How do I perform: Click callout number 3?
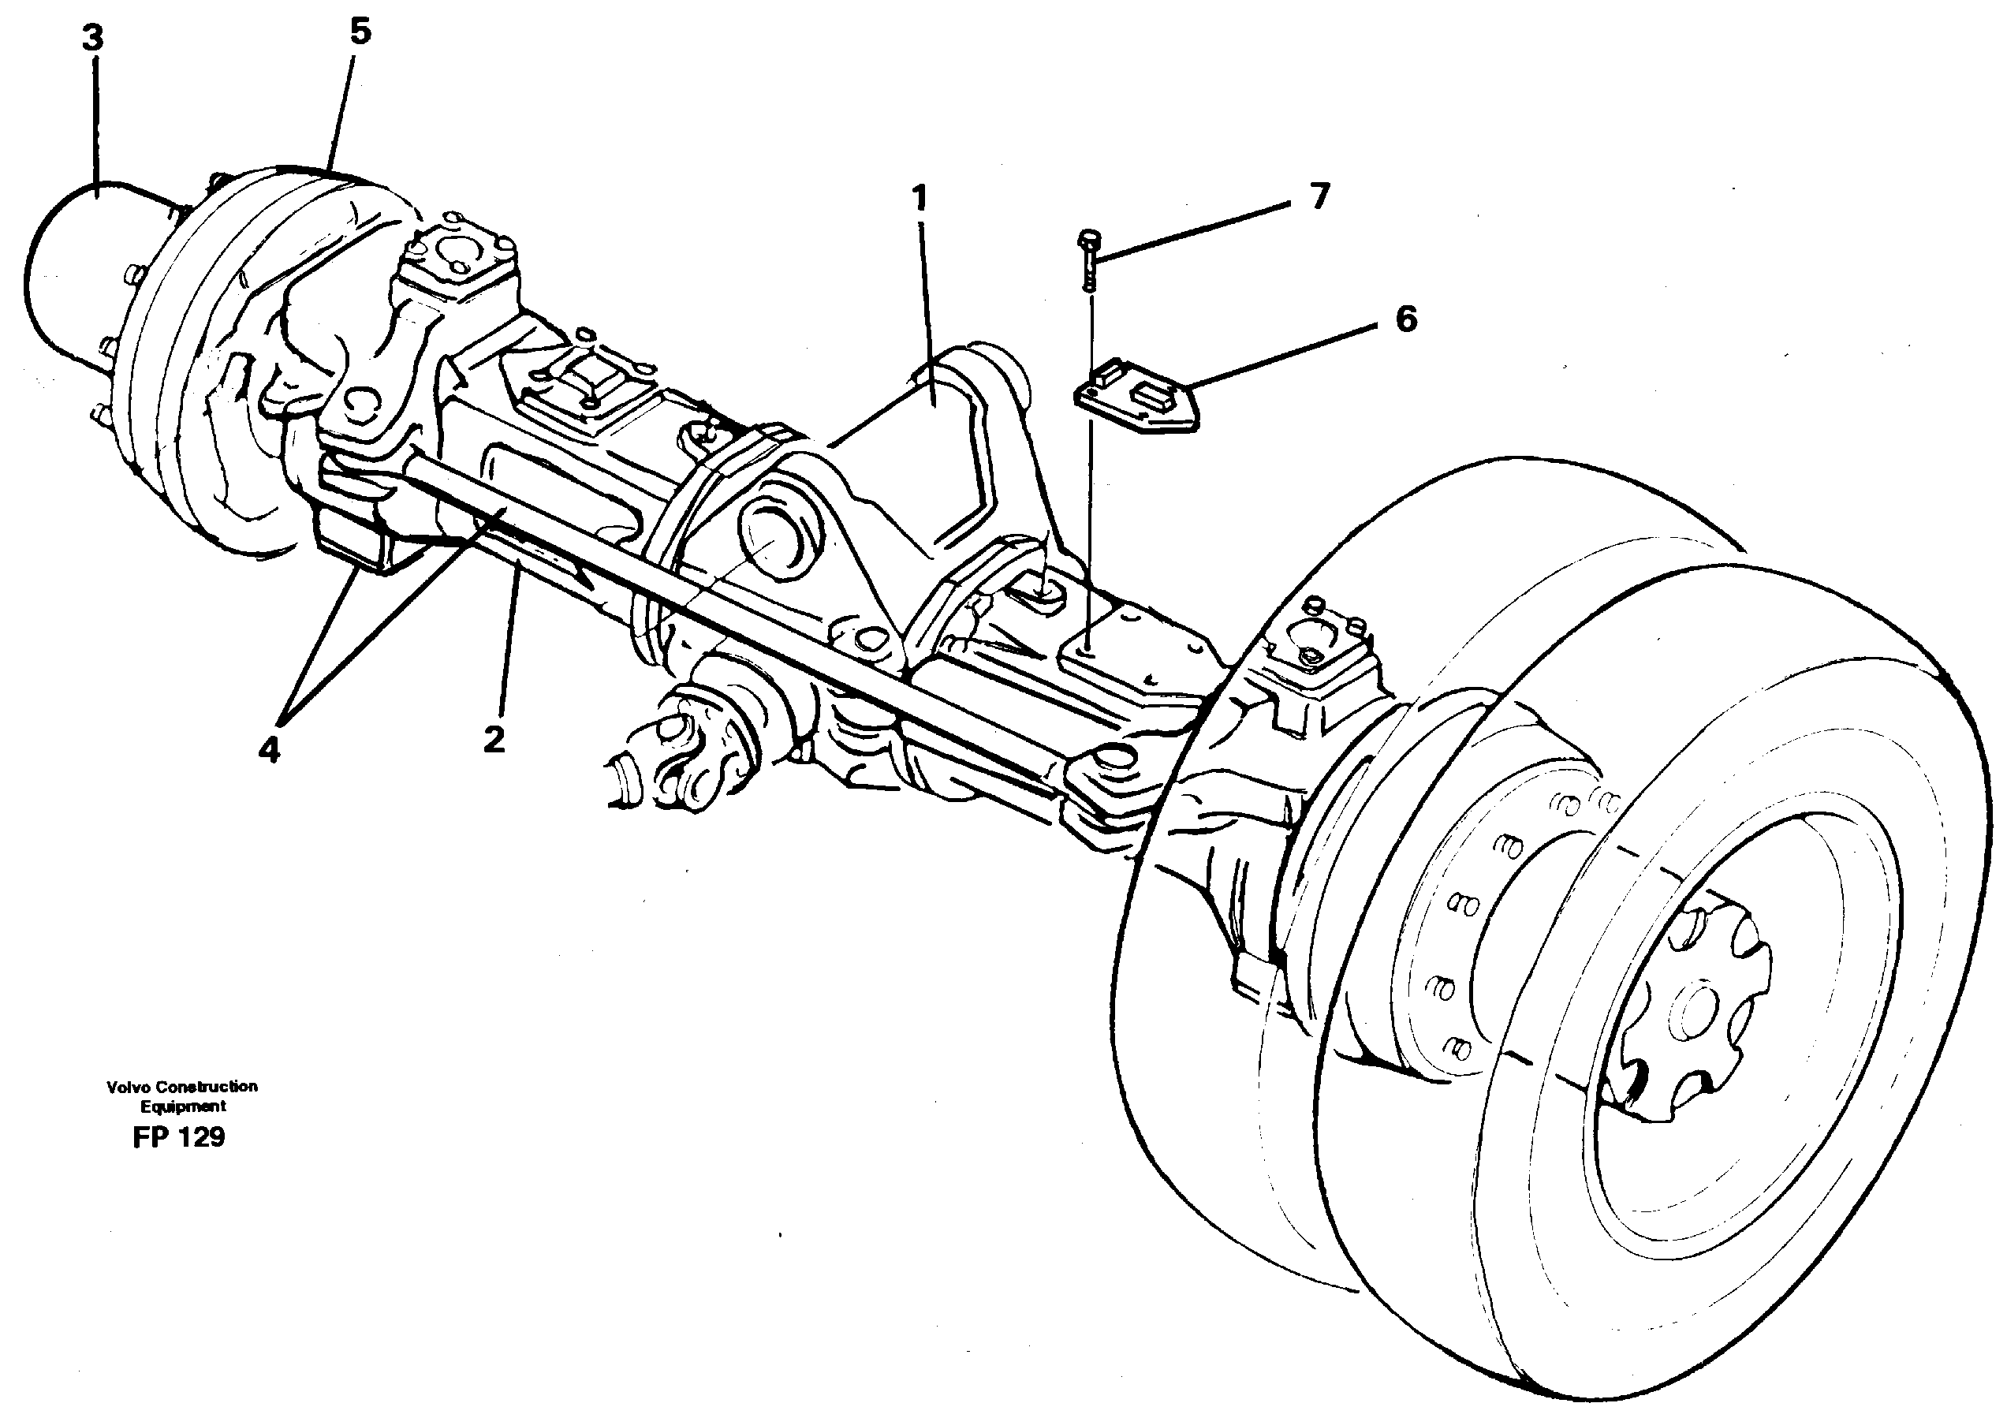click(92, 40)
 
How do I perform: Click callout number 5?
click(360, 32)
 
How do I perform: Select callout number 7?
click(1319, 196)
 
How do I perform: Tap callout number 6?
click(1405, 320)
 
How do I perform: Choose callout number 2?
click(494, 741)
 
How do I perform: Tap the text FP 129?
click(178, 1137)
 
